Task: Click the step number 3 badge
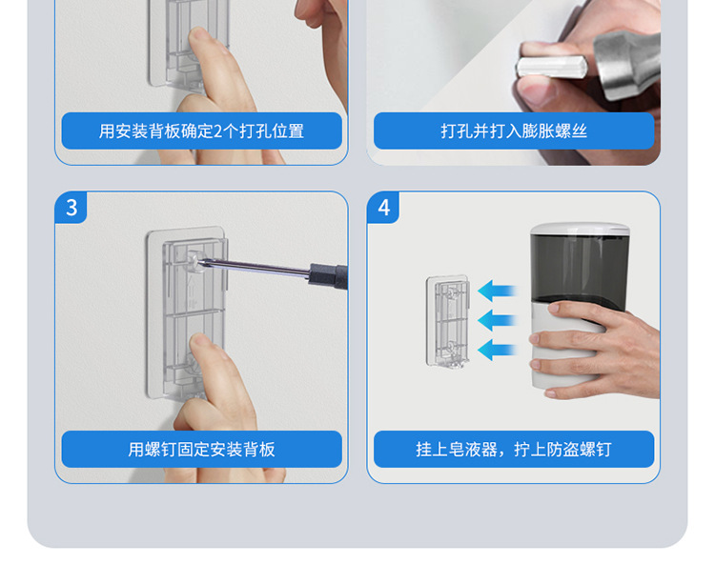pyautogui.click(x=71, y=208)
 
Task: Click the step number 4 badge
pyautogui.click(x=383, y=208)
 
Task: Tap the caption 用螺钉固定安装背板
pyautogui.click(x=201, y=450)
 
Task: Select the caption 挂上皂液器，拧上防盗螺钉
pyautogui.click(x=514, y=450)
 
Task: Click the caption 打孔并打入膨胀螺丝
pyautogui.click(x=514, y=131)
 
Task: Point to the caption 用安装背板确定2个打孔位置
pyautogui.click(x=201, y=131)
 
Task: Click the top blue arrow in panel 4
pyautogui.click(x=498, y=291)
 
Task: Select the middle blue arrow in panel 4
pyautogui.click(x=498, y=320)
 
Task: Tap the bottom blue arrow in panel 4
pyautogui.click(x=498, y=350)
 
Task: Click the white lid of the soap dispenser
pyautogui.click(x=580, y=229)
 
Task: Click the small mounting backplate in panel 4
pyautogui.click(x=447, y=321)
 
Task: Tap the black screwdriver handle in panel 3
pyautogui.click(x=329, y=275)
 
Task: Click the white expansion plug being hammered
pyautogui.click(x=551, y=67)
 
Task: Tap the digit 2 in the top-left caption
pyautogui.click(x=217, y=131)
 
